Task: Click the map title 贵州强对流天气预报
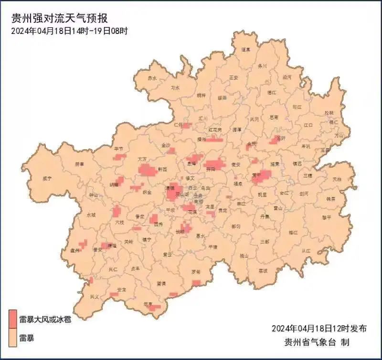click(x=60, y=19)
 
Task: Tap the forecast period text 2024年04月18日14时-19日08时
click(x=69, y=31)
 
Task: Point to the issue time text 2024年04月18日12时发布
click(x=319, y=328)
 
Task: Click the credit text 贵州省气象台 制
click(x=317, y=342)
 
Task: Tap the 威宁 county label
click(x=47, y=178)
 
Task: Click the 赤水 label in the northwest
click(x=152, y=78)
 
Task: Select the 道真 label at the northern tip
click(x=245, y=49)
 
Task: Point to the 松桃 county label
click(x=329, y=113)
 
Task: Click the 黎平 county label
click(x=326, y=218)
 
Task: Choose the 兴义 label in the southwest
click(x=95, y=297)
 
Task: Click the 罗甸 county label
click(x=196, y=272)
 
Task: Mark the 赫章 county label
click(x=79, y=164)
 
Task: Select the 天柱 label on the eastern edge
click(x=337, y=179)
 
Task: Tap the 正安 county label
click(x=233, y=77)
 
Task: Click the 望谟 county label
click(x=161, y=284)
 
